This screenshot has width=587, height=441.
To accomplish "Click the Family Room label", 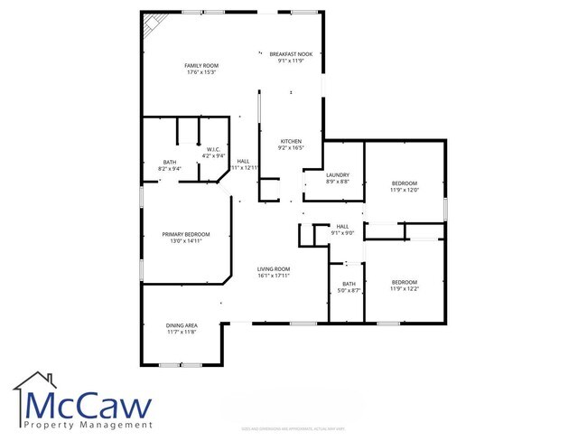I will pos(201,66).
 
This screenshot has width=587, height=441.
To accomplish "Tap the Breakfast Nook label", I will pos(290,55).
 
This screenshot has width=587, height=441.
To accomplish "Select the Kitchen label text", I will pos(290,142).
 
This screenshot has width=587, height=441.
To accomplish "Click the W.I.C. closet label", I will pos(214,150).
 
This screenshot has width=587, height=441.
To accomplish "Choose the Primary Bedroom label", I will pos(180,234).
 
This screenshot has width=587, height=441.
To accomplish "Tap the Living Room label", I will pos(274,268).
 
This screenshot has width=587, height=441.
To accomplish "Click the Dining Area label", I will pos(182,325).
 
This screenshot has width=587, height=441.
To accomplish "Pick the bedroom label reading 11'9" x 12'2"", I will pos(404,282).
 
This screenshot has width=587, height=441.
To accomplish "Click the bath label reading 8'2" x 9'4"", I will pos(169,163).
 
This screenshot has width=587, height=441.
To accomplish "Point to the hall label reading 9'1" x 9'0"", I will pos(342,226).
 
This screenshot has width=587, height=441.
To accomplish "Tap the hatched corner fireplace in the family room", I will pos(150,24).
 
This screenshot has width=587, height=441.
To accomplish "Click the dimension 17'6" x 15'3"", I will pos(201,72).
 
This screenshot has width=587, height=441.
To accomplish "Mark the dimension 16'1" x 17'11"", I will pos(274,275).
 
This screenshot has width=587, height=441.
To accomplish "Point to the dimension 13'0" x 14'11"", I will pos(180,241).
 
